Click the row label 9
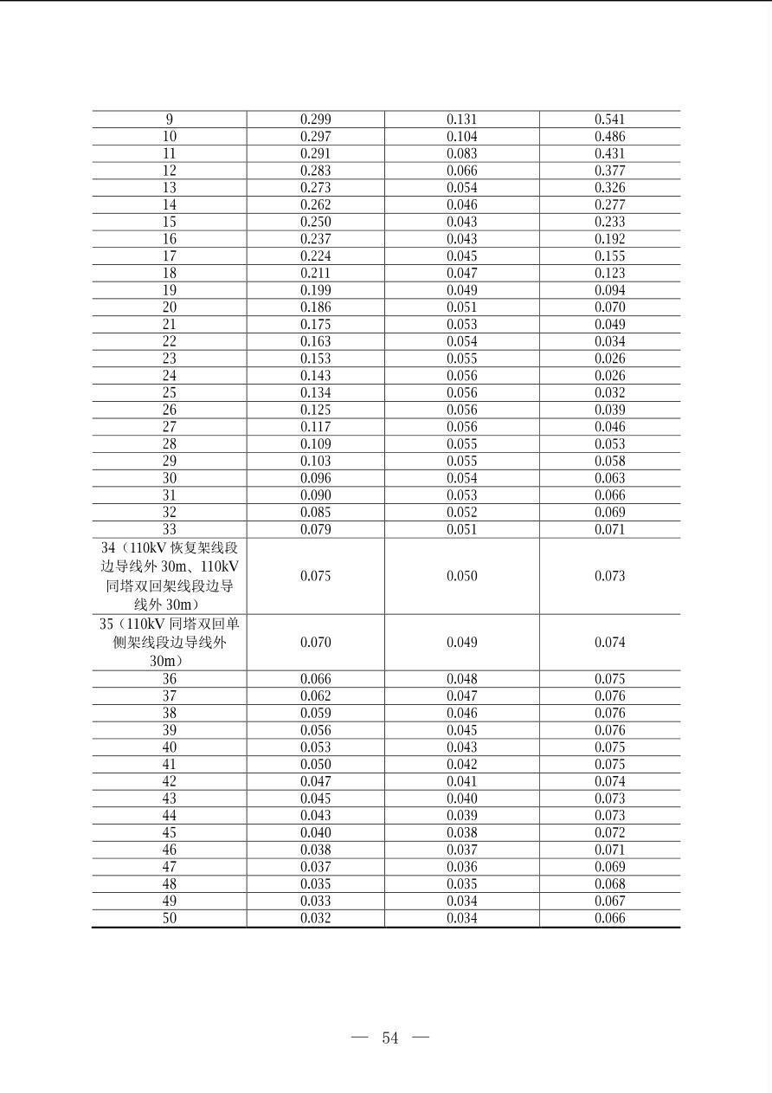(x=169, y=120)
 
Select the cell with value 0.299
(x=315, y=120)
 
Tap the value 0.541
(x=609, y=120)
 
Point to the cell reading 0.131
(x=461, y=120)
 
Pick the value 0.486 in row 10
(x=609, y=137)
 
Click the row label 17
(x=169, y=256)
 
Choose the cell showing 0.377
(x=609, y=171)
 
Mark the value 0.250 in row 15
(x=315, y=222)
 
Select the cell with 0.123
(x=609, y=273)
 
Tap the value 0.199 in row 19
(x=315, y=290)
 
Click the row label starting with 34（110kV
(x=169, y=576)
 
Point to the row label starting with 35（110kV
(x=169, y=643)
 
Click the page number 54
(x=390, y=1038)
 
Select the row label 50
(x=169, y=918)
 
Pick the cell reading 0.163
(x=315, y=341)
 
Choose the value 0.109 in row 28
(x=315, y=444)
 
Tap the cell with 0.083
(x=461, y=153)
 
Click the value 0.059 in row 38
(x=315, y=714)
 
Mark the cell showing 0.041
(x=461, y=781)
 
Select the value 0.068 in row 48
(x=609, y=884)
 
